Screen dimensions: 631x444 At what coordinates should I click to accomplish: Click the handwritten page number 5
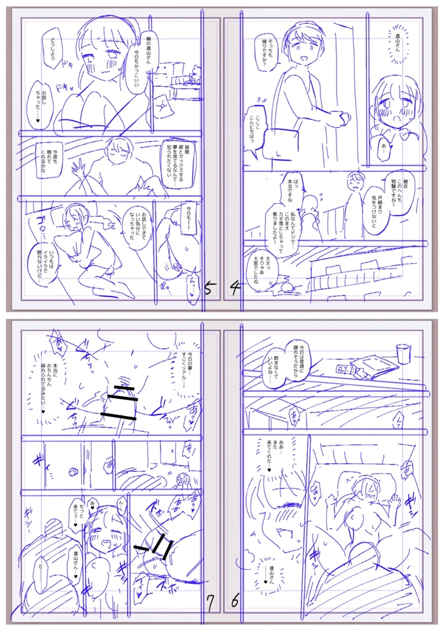[x=211, y=289]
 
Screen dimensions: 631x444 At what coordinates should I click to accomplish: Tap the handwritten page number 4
[x=234, y=288]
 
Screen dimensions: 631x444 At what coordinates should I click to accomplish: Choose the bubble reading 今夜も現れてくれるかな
[x=54, y=162]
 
